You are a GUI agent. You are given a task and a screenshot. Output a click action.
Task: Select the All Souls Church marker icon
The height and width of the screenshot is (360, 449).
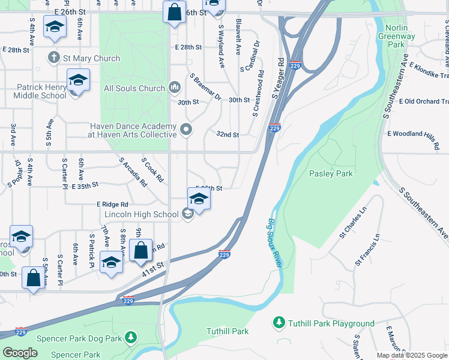(175, 88)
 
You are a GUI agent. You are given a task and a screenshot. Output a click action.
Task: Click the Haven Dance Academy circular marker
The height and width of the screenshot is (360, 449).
(186, 129)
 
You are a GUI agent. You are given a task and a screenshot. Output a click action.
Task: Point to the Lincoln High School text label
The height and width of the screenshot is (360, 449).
(141, 214)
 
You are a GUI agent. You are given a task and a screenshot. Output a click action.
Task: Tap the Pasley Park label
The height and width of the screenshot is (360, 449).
(331, 173)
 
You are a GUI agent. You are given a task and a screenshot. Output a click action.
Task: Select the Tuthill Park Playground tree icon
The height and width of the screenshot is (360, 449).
(279, 323)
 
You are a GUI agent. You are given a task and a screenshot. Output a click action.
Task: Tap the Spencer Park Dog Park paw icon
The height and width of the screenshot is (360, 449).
(130, 338)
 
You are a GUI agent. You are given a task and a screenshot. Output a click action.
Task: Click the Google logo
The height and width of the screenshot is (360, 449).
(20, 353)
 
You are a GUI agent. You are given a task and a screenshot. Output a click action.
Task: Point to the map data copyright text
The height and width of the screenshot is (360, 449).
(412, 355)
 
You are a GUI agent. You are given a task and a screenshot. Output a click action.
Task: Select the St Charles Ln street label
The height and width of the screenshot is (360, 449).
(352, 223)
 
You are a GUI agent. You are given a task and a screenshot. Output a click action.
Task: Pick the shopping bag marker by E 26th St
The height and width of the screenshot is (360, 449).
(173, 13)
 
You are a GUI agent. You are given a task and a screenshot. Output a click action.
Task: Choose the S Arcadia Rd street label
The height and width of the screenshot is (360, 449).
(133, 172)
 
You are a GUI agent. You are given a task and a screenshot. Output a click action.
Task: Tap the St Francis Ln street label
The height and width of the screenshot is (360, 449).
(368, 250)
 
